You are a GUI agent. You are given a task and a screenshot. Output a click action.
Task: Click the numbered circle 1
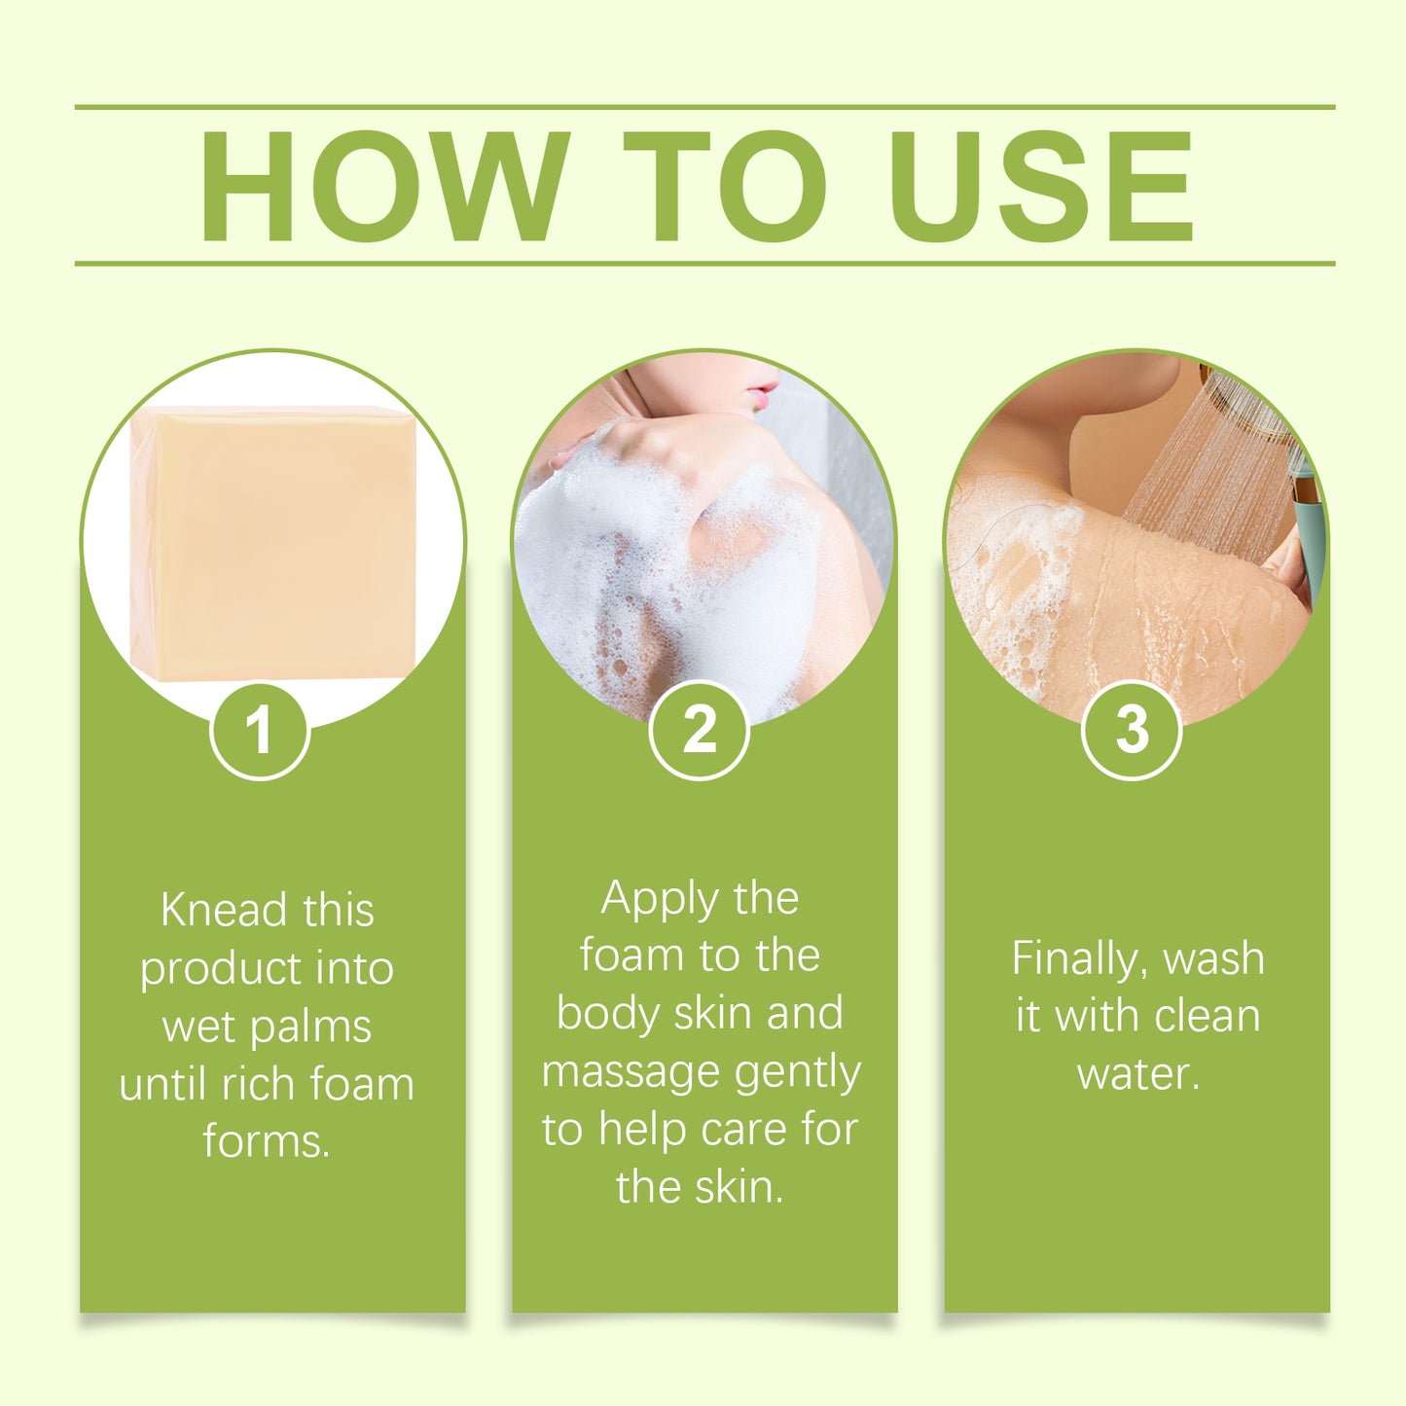click(x=259, y=730)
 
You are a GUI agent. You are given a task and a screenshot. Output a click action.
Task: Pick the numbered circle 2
click(x=699, y=730)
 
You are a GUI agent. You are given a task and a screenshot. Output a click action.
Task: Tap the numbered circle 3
click(x=1131, y=730)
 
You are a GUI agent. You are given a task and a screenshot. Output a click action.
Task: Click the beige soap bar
click(x=275, y=542)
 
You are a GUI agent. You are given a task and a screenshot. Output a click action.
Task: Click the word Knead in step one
click(x=225, y=911)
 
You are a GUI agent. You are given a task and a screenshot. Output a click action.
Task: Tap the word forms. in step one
click(x=267, y=1141)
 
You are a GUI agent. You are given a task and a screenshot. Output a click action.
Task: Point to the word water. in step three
click(x=1138, y=1073)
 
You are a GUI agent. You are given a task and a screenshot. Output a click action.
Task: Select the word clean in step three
click(x=1206, y=1016)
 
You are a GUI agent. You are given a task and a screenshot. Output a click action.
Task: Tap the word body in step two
click(x=608, y=1014)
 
